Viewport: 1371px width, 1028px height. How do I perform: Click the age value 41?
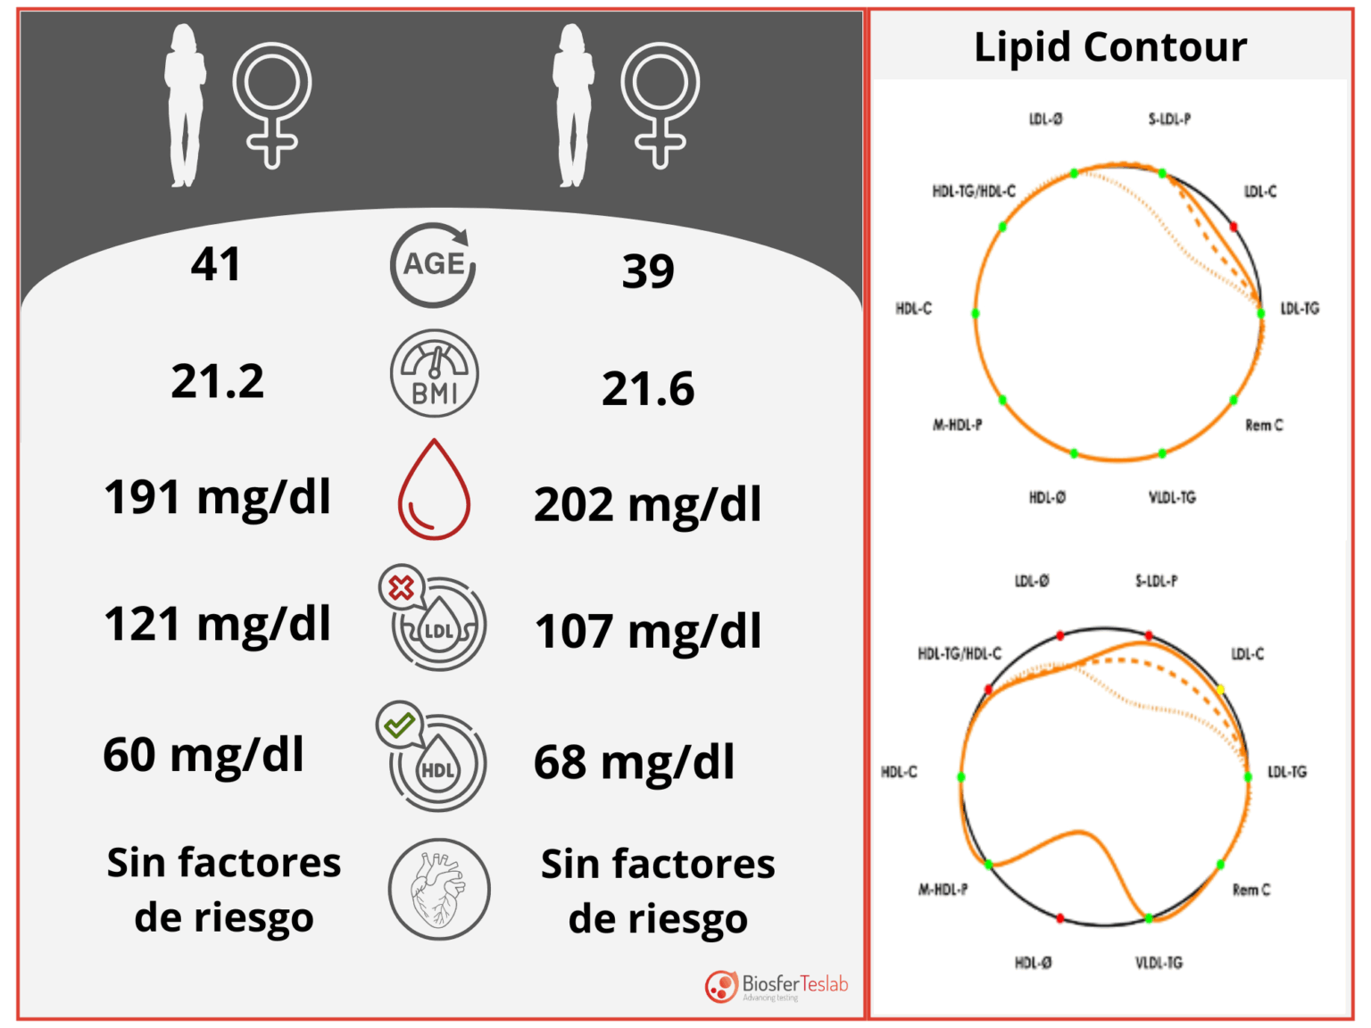click(x=216, y=264)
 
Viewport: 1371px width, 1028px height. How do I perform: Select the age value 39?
click(x=648, y=271)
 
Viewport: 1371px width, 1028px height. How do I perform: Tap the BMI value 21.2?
click(x=218, y=382)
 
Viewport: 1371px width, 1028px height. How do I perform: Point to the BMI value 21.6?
click(x=648, y=389)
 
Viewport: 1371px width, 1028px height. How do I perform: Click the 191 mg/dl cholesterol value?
click(x=218, y=497)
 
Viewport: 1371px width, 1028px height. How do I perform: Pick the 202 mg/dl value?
click(x=648, y=505)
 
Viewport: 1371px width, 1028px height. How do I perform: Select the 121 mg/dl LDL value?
click(x=218, y=624)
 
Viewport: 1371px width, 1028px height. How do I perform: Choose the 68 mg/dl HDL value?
click(x=635, y=763)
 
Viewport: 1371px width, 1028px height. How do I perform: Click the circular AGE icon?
click(x=434, y=265)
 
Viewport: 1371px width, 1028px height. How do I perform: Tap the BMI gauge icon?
click(x=435, y=374)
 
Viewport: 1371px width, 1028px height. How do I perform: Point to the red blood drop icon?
click(x=434, y=491)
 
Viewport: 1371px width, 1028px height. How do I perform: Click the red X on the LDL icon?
click(x=402, y=588)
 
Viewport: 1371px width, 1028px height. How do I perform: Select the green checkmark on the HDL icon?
click(x=399, y=724)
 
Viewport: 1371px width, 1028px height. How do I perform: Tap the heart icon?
click(x=438, y=889)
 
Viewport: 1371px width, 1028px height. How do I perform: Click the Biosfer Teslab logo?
click(x=776, y=986)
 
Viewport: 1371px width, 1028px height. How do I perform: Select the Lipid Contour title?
click(x=1109, y=47)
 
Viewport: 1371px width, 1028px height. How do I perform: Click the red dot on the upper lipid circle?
click(x=1234, y=228)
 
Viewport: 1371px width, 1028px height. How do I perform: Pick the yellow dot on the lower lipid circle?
click(x=1220, y=690)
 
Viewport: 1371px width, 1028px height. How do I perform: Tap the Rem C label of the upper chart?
click(x=1264, y=426)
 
